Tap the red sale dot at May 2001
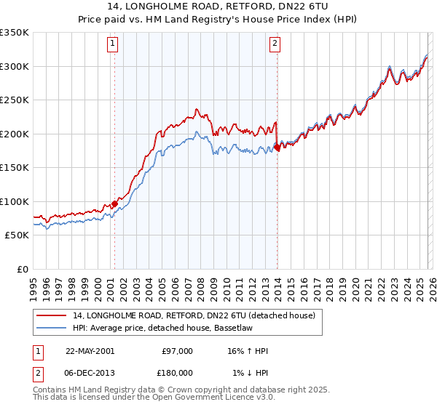click(x=114, y=203)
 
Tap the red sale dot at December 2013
click(x=277, y=148)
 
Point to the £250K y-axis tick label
click(x=15, y=100)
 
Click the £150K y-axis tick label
click(x=15, y=168)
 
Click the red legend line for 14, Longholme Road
click(x=52, y=316)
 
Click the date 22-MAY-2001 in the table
click(x=90, y=351)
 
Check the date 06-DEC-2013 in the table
click(x=90, y=373)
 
